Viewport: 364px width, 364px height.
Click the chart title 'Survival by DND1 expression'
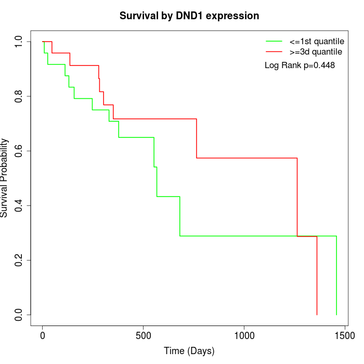click(x=189, y=16)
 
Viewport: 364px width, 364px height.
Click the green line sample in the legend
click(x=274, y=41)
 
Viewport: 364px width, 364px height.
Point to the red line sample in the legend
click(x=274, y=51)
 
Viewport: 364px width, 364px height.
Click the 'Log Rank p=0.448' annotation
click(x=300, y=66)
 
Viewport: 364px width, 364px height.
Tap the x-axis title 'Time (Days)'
click(x=189, y=351)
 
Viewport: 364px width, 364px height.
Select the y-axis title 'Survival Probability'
click(x=5, y=178)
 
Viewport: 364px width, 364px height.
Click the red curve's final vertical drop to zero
click(x=317, y=276)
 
